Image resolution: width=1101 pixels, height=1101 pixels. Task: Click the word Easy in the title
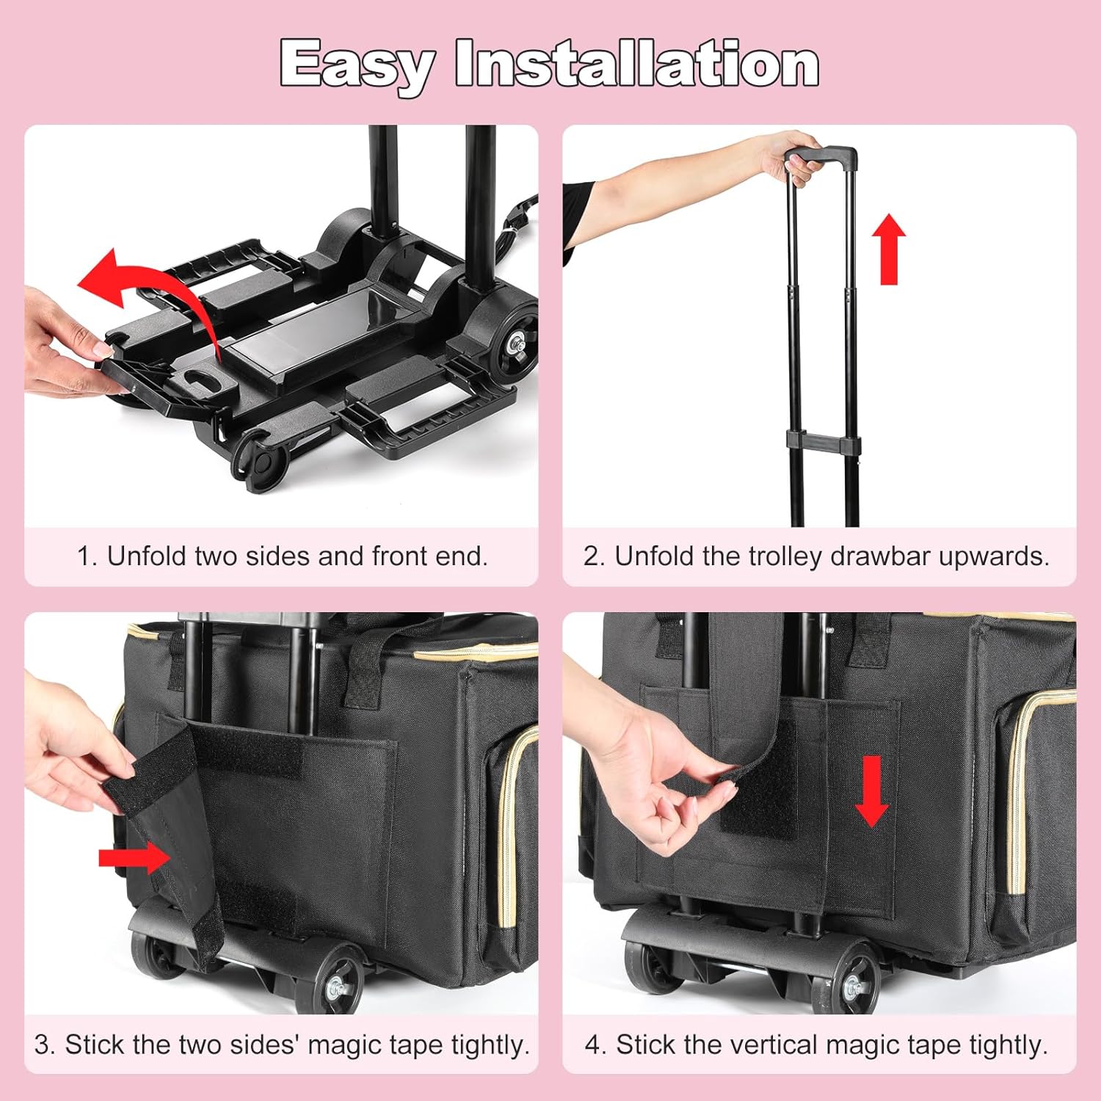click(x=357, y=65)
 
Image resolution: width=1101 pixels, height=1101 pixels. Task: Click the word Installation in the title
click(x=637, y=65)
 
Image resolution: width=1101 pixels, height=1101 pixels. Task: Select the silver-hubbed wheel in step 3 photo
click(x=341, y=979)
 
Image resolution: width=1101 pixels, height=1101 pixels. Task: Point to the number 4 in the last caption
click(x=592, y=1044)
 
